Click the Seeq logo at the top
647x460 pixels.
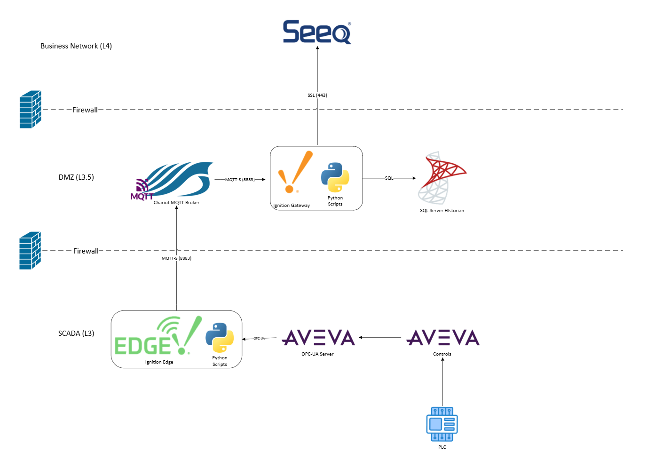pyautogui.click(x=316, y=32)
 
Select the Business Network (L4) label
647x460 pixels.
pyautogui.click(x=76, y=46)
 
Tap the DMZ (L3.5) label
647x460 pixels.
pyautogui.click(x=76, y=177)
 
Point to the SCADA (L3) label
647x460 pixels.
pyautogui.click(x=76, y=333)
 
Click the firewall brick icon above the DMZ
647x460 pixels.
pyautogui.click(x=30, y=110)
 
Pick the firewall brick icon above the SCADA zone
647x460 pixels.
pyautogui.click(x=30, y=251)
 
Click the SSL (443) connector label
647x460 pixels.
pyautogui.click(x=317, y=95)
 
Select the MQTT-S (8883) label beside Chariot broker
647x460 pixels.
pyautogui.click(x=240, y=180)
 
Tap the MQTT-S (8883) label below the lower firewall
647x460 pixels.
pyautogui.click(x=176, y=258)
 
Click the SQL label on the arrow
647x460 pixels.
pyautogui.click(x=389, y=178)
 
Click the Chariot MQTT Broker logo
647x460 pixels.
pyautogui.click(x=174, y=180)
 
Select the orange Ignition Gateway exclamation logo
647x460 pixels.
pyautogui.click(x=294, y=173)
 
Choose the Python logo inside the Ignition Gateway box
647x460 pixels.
pyautogui.click(x=335, y=177)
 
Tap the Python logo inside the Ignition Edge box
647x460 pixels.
pyautogui.click(x=220, y=337)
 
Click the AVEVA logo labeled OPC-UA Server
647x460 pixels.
pyautogui.click(x=318, y=338)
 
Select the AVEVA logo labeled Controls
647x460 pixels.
pyautogui.click(x=442, y=338)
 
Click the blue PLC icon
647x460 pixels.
pyautogui.click(x=442, y=424)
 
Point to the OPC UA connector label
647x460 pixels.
pyautogui.click(x=259, y=339)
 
